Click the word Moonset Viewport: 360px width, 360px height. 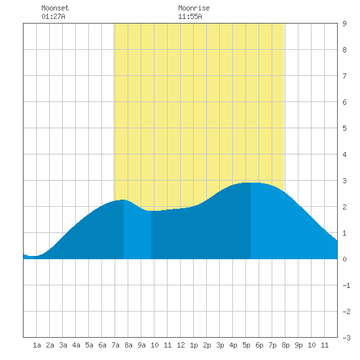pyautogui.click(x=55, y=8)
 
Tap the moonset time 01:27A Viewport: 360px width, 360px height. pyautogui.click(x=53, y=16)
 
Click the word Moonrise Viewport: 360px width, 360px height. pyautogui.click(x=194, y=8)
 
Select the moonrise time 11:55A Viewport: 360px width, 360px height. pyautogui.click(x=190, y=16)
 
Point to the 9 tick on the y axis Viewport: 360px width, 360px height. pyautogui.click(x=344, y=24)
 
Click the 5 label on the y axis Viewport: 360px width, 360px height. pyautogui.click(x=344, y=128)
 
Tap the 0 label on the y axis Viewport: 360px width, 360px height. pyautogui.click(x=344, y=259)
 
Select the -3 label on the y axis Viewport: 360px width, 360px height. pyautogui.click(x=346, y=338)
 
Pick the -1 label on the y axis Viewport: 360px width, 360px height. pyautogui.click(x=346, y=285)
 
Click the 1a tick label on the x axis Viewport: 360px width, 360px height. pyautogui.click(x=37, y=345)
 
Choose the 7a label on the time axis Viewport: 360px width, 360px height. pyautogui.click(x=115, y=345)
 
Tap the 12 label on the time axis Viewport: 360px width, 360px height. pyautogui.click(x=181, y=345)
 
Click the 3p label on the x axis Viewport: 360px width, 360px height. pyautogui.click(x=220, y=345)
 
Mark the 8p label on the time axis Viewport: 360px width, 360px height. pyautogui.click(x=285, y=345)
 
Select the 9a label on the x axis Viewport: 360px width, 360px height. pyautogui.click(x=141, y=345)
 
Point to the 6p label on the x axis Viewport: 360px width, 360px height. pyautogui.click(x=259, y=345)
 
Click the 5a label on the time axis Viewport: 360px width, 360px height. pyautogui.click(x=89, y=345)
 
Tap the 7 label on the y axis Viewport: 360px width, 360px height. pyautogui.click(x=344, y=76)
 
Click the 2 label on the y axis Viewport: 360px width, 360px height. pyautogui.click(x=344, y=207)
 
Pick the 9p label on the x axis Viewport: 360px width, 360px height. pyautogui.click(x=298, y=345)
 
